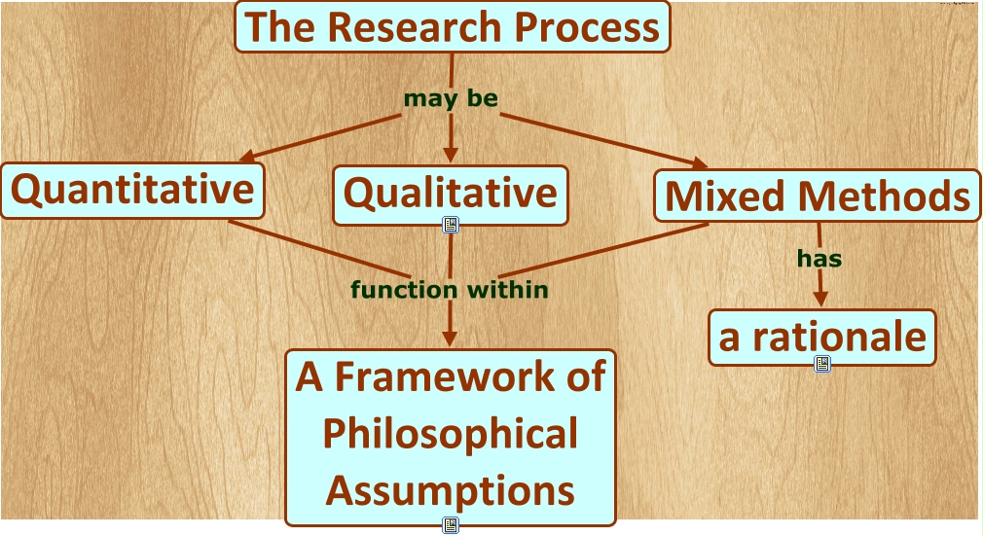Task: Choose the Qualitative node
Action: tap(451, 193)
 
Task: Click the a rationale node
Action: tap(822, 337)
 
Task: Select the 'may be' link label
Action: tap(451, 98)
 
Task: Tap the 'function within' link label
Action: tap(450, 289)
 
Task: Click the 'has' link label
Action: tap(819, 259)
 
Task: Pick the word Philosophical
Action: tap(451, 434)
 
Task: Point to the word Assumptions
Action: tap(451, 490)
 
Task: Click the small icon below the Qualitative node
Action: tap(451, 225)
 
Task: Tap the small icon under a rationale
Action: tap(822, 364)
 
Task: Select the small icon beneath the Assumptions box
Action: tap(451, 525)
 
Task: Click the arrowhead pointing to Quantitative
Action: tap(246, 157)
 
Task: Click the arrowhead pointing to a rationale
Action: tap(821, 301)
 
